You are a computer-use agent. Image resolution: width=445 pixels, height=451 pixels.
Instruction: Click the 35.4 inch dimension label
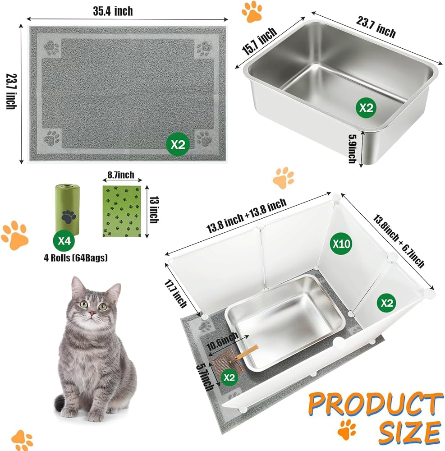[113, 11]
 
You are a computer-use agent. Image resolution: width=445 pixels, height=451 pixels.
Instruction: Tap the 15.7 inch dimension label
[260, 41]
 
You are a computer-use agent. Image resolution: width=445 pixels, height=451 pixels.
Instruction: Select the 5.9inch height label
[353, 149]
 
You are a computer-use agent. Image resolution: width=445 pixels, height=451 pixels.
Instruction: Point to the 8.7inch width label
[121, 175]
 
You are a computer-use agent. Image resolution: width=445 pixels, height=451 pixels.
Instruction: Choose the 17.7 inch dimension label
[175, 294]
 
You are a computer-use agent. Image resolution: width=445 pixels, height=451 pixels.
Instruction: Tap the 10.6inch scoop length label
[222, 341]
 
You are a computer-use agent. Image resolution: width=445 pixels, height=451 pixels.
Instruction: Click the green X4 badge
[64, 240]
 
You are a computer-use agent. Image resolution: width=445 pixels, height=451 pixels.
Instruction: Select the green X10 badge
[341, 244]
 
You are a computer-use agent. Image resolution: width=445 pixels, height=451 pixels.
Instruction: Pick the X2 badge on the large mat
[178, 144]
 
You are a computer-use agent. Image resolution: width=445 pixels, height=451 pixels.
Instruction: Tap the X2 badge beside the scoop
[229, 377]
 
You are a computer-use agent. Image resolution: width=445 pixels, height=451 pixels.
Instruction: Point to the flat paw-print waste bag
[122, 211]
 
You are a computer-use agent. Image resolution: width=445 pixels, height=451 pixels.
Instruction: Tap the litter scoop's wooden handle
[247, 352]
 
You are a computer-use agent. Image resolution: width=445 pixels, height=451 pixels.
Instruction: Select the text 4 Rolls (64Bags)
[76, 258]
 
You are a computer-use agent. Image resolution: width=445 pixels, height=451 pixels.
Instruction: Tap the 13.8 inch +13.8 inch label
[247, 216]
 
